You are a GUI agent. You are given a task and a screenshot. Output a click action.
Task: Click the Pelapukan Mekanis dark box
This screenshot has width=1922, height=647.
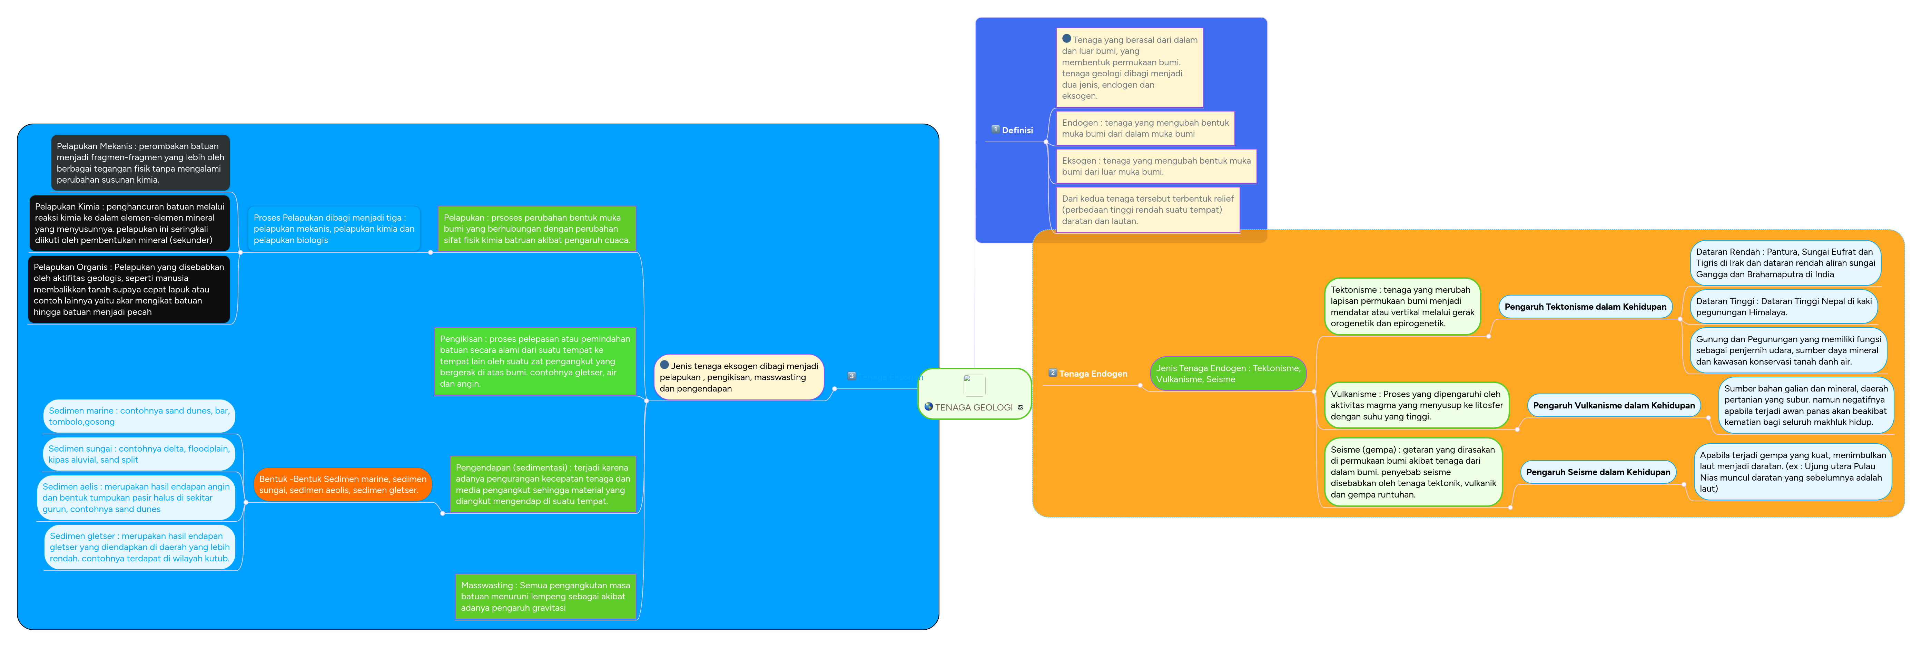pos(140,163)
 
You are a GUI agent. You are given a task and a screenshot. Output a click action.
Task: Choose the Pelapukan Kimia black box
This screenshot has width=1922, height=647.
pos(129,223)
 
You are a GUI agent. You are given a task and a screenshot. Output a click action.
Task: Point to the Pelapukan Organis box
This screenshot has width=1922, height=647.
pos(128,290)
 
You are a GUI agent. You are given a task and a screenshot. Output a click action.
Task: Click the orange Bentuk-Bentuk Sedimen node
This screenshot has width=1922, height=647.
pos(343,484)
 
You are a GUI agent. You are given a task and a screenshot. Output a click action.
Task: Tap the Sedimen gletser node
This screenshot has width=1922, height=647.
pos(139,547)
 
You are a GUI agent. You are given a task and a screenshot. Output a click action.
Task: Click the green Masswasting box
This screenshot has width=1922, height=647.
pos(545,596)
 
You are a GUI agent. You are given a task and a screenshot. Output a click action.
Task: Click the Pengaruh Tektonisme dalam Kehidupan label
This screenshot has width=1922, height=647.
pos(1585,307)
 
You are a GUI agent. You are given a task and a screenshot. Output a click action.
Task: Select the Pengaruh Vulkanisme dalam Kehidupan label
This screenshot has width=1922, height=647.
pos(1613,405)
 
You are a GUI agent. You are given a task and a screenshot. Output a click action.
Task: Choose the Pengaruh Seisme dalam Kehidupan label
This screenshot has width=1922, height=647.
pos(1597,472)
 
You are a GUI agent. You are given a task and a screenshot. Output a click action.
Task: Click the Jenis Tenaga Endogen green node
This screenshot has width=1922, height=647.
pos(1228,374)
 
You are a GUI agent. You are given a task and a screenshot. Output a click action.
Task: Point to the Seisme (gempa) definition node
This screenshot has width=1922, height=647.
pos(1412,472)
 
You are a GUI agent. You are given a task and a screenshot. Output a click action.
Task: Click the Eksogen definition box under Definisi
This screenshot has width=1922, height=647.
pos(1156,166)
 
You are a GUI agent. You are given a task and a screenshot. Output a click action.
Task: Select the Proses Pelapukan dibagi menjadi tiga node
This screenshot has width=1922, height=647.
pos(334,229)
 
